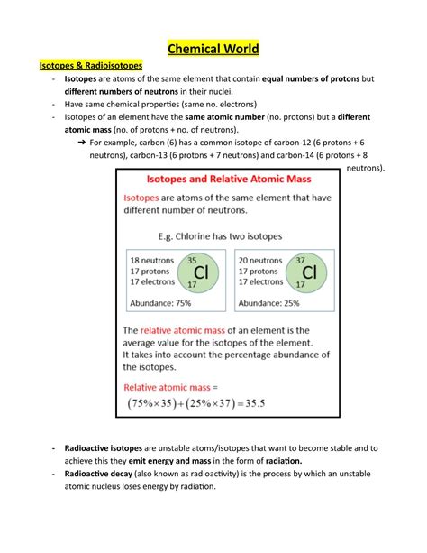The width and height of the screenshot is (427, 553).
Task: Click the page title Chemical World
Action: tap(213, 47)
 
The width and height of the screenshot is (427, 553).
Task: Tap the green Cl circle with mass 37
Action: tap(309, 272)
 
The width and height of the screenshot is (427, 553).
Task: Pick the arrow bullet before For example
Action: tap(82, 143)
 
